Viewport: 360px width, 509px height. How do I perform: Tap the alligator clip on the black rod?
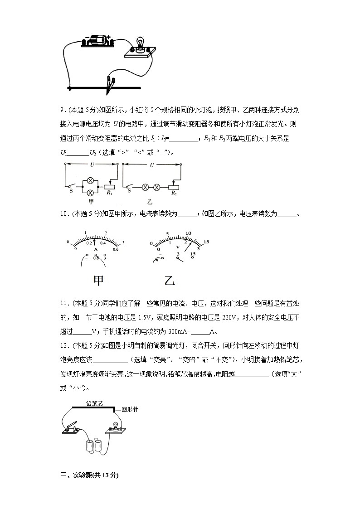[109, 83]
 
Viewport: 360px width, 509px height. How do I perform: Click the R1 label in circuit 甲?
[109, 193]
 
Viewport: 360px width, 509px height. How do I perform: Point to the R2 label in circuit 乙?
[174, 193]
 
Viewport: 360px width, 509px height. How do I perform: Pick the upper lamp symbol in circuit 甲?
[90, 180]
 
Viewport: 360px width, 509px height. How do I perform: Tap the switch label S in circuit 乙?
[129, 191]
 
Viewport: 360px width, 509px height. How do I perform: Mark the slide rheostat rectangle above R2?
[174, 186]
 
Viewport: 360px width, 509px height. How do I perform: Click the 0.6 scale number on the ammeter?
[116, 249]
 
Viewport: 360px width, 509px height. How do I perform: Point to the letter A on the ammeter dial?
[96, 250]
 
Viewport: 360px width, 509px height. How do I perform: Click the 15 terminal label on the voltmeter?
[193, 254]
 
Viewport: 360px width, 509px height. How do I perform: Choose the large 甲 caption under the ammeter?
[98, 281]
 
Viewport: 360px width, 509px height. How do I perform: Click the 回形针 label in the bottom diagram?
[130, 409]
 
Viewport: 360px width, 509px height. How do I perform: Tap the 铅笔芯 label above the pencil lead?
[94, 402]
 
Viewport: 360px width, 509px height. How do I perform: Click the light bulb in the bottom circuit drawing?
[115, 427]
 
